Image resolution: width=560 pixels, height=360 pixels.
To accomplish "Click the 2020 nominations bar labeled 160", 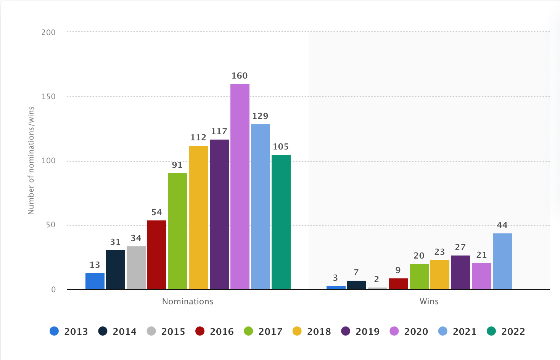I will (240, 186).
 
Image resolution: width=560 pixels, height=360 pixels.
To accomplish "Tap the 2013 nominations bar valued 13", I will (95, 281).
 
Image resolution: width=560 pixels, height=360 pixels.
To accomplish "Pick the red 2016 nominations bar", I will (156, 255).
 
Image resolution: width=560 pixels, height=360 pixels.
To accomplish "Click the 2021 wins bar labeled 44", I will (502, 261).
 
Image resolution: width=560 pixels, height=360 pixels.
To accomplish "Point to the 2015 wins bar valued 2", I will (377, 288).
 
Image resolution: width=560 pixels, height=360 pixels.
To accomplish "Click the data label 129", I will (260, 116).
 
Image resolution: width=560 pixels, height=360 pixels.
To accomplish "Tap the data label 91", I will (177, 165).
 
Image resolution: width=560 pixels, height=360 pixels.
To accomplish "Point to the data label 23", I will (439, 252).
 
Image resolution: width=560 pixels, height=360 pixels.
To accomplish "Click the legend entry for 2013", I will (69, 331).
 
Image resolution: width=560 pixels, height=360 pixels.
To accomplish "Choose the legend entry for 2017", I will (263, 331).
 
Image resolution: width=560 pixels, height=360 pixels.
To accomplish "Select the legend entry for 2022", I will (506, 331).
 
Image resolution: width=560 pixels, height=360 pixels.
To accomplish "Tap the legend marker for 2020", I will (394, 331).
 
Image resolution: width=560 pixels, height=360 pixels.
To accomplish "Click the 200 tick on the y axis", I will (48, 32).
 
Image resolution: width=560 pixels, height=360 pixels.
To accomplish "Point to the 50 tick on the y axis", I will (51, 225).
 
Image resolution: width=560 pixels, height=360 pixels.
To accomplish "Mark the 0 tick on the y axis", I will (53, 289).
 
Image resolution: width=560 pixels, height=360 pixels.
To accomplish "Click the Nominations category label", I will (188, 301).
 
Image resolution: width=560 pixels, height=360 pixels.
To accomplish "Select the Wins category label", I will (429, 301).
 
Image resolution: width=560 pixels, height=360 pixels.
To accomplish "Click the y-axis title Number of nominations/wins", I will (31, 161).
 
